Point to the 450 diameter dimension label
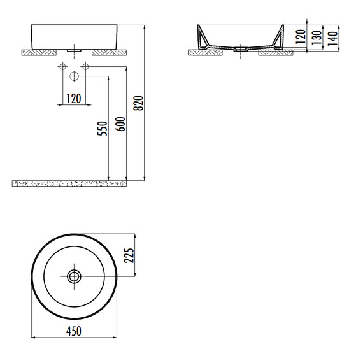coord(75,331)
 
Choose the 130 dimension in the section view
coord(316,37)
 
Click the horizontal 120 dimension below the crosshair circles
coord(73,98)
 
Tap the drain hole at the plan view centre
coord(75,276)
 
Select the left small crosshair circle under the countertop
coord(62,66)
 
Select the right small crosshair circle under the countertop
coord(85,66)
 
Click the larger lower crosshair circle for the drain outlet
coord(74,76)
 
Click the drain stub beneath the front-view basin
coord(74,48)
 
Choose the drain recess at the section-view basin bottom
coord(241,47)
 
